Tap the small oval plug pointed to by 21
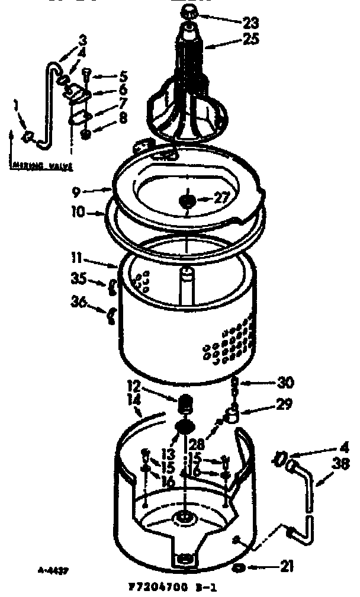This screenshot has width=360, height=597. [240, 568]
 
